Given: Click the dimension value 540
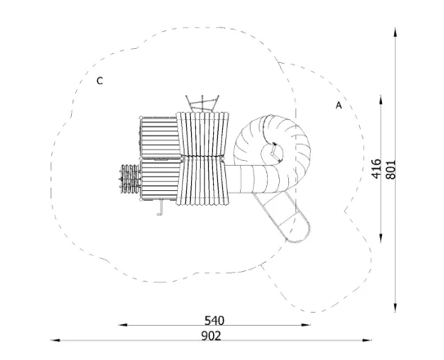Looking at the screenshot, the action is point(215,321).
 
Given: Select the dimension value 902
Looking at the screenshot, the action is point(211,336).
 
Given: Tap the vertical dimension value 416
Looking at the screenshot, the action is point(376,169).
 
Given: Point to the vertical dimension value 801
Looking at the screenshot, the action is point(391,169).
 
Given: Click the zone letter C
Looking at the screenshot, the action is point(100,81).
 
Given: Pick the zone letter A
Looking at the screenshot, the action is point(339,105).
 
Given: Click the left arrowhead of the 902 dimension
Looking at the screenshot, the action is point(55,340).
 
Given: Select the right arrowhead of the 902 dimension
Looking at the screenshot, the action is point(367,340).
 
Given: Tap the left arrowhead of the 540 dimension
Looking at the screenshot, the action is point(123,325).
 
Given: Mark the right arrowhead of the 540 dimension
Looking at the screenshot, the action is point(306,325).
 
